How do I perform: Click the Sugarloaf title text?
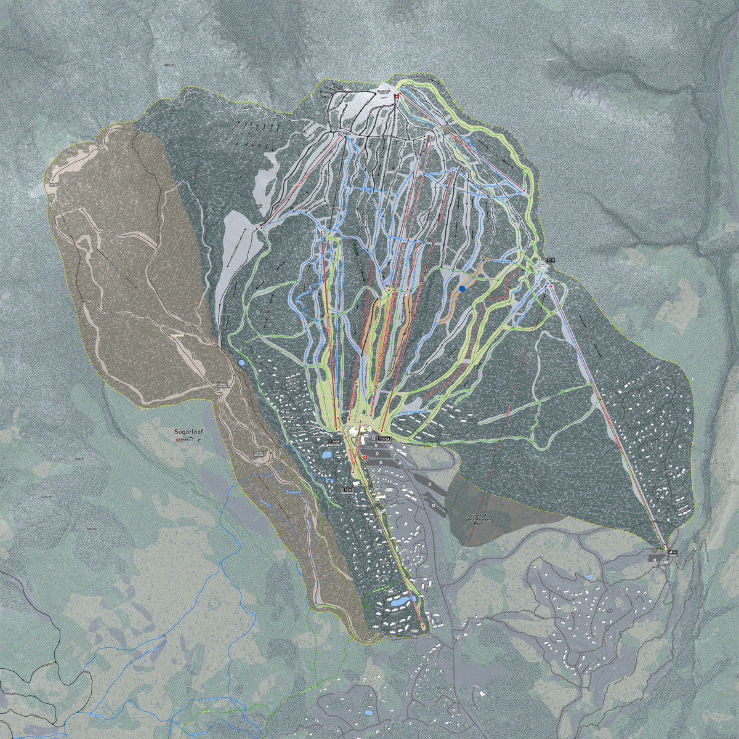click(188, 432)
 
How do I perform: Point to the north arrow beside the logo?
click(198, 442)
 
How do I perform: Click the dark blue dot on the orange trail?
click(462, 288)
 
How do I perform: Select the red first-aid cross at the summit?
click(397, 97)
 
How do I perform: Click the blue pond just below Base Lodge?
click(326, 456)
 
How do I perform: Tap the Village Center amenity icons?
click(381, 438)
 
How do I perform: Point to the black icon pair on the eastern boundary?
click(550, 260)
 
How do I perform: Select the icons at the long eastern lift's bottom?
click(672, 552)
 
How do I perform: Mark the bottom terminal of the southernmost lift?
click(423, 627)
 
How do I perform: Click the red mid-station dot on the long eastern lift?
click(599, 401)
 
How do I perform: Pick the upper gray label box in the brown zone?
click(221, 386)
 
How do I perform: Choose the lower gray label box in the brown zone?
click(258, 454)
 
